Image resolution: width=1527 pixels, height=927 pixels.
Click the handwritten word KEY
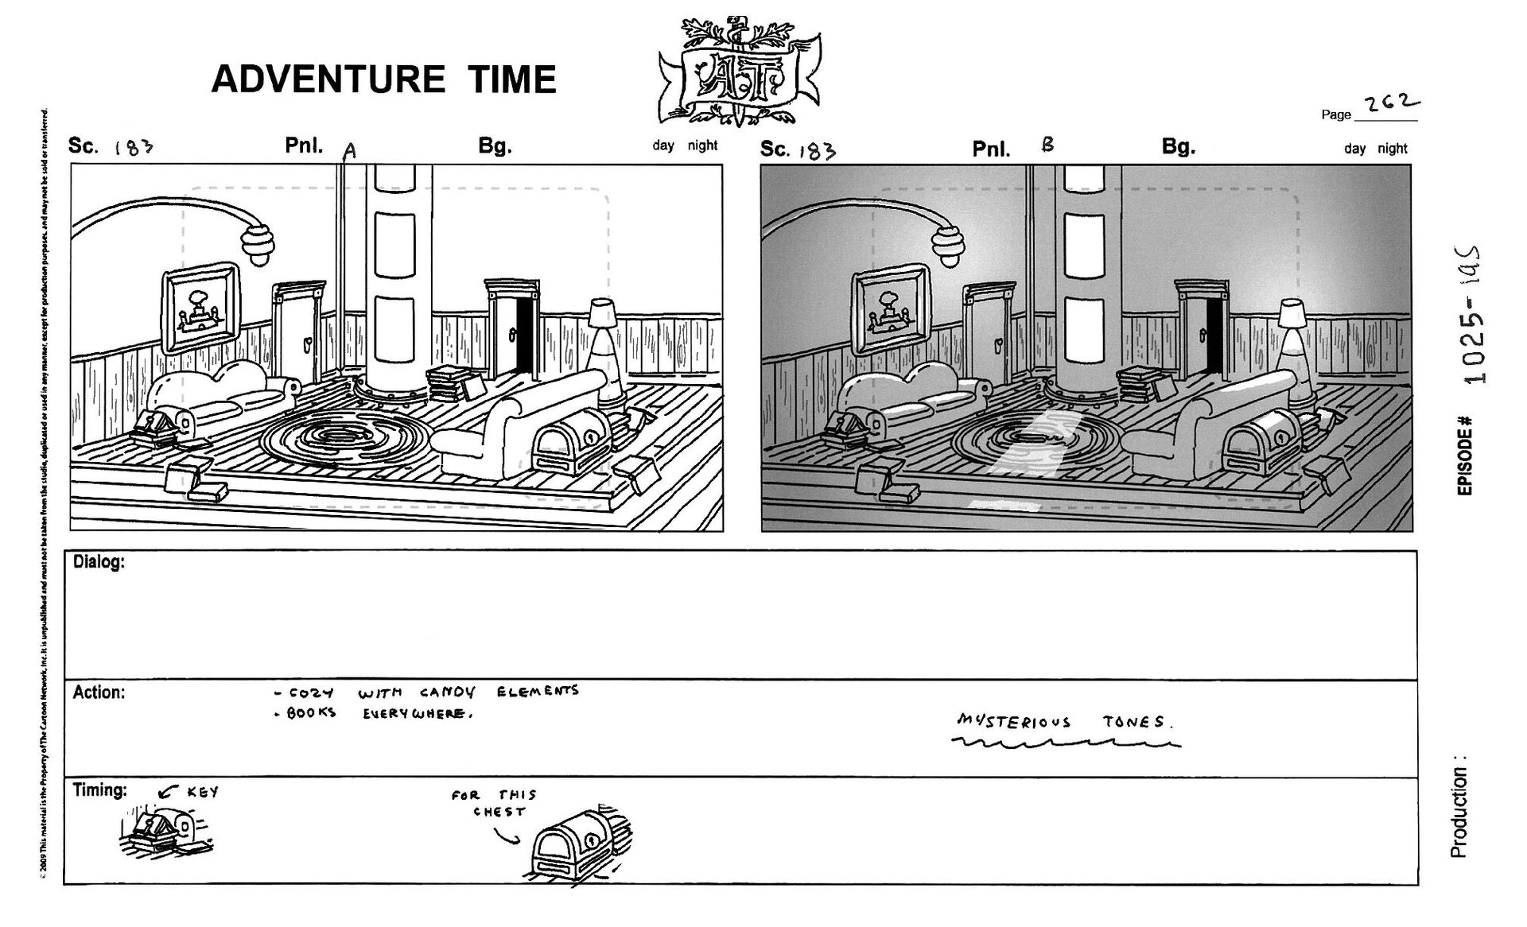(x=203, y=792)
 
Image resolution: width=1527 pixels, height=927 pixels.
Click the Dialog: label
(x=99, y=562)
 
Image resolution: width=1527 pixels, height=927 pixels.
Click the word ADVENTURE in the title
(x=328, y=79)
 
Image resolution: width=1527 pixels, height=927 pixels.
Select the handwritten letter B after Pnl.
(x=1047, y=145)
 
